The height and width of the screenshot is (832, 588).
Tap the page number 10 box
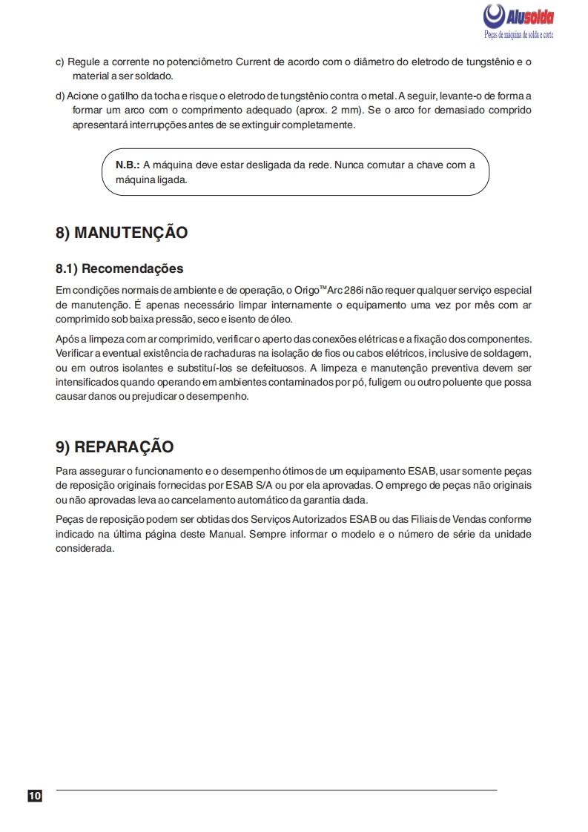point(35,796)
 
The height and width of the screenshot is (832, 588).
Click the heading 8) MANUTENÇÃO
point(122,233)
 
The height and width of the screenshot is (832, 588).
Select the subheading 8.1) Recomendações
point(119,268)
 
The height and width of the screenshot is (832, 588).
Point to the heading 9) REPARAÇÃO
point(115,447)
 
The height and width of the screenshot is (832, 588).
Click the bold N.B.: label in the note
point(128,165)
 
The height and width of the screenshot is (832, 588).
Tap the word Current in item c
point(255,62)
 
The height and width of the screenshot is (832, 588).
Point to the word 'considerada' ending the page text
point(85,549)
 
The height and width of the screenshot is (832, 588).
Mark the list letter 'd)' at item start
point(61,96)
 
